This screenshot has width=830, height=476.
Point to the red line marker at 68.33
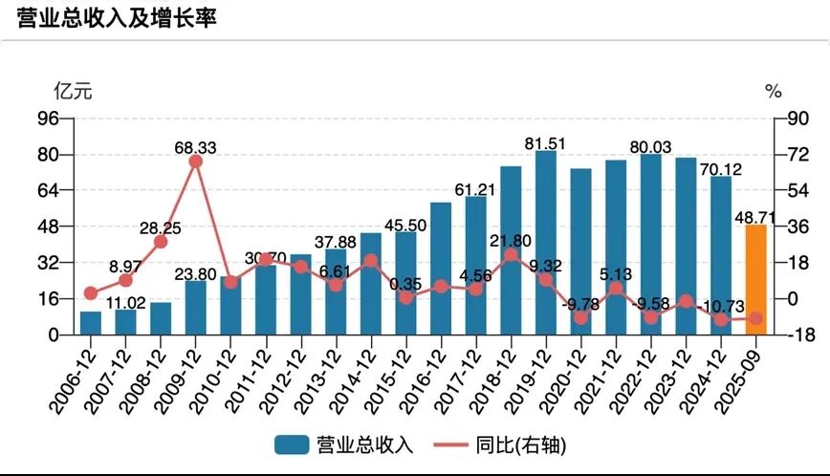[x=196, y=162]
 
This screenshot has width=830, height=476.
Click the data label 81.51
[x=545, y=143]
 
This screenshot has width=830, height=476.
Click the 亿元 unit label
[x=73, y=92]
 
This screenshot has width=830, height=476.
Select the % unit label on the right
[x=774, y=92]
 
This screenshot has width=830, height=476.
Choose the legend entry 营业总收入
[x=343, y=444]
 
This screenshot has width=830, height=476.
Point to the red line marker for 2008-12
[x=161, y=242]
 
